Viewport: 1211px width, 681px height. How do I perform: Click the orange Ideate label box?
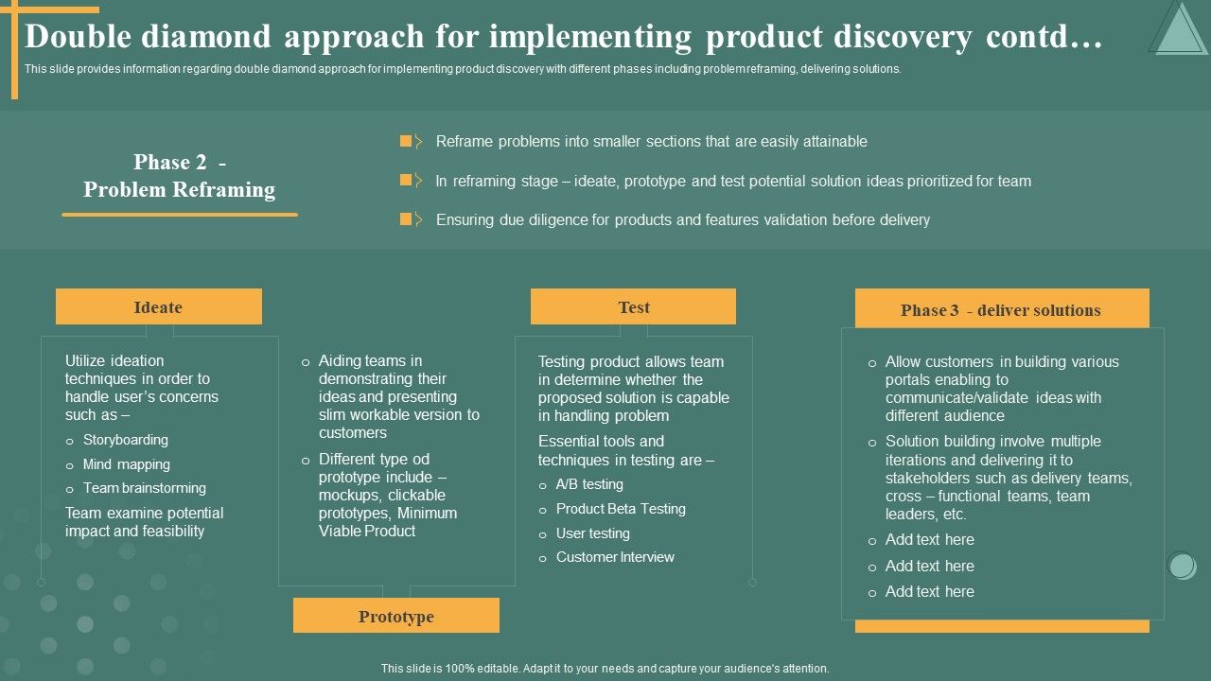coord(158,307)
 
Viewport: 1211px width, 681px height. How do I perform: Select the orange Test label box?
coord(633,307)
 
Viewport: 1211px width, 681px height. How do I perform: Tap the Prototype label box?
coord(395,617)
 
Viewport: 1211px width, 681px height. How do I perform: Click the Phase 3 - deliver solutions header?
coord(1001,310)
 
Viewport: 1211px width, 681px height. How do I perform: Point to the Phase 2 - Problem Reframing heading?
coord(179,176)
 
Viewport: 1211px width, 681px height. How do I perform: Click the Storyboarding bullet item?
coord(125,440)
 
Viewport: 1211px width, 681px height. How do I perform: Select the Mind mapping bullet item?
coord(126,464)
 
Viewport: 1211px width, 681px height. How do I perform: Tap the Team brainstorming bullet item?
coord(144,488)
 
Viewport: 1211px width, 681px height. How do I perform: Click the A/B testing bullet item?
coord(588,484)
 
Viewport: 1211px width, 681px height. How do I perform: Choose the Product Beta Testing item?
coord(620,509)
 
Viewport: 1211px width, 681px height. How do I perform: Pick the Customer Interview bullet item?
coord(614,557)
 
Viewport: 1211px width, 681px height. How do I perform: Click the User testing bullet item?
coord(592,533)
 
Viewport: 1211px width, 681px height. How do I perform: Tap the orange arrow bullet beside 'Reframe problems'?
coord(410,142)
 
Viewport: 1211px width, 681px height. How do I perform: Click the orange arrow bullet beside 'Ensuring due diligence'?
coord(410,219)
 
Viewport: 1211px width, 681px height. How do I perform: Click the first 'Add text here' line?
coord(929,539)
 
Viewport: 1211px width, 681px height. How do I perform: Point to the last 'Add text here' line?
coord(929,591)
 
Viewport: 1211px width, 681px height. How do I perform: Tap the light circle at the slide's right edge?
coord(1182,566)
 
